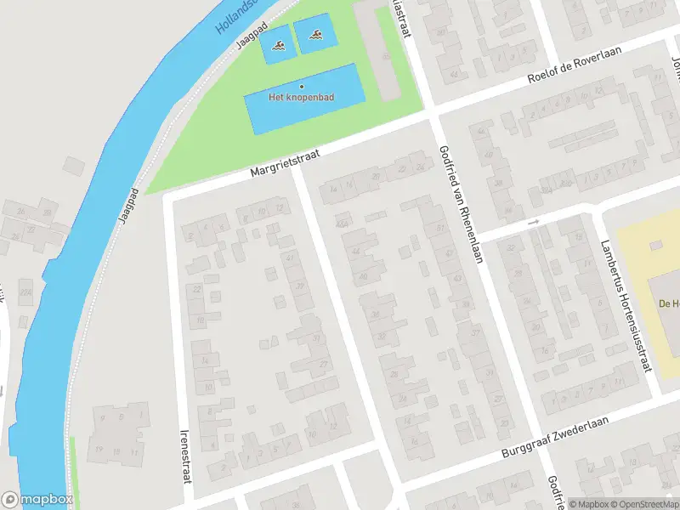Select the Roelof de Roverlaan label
click(575, 65)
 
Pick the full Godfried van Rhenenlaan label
click(461, 204)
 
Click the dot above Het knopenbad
click(301, 86)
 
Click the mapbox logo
click(37, 500)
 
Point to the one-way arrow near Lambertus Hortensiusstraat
click(534, 222)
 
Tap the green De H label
click(668, 303)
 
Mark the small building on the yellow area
click(655, 245)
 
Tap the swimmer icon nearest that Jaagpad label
click(278, 47)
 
